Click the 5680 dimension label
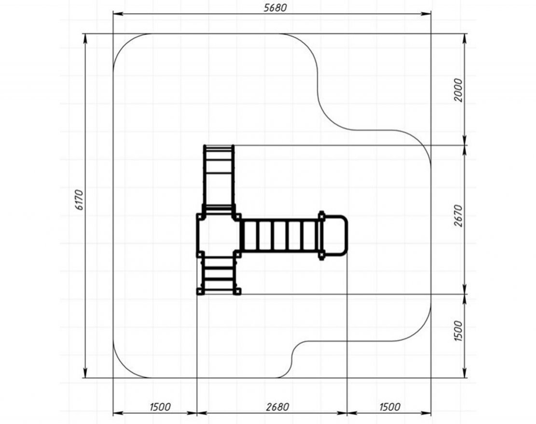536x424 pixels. point(275,8)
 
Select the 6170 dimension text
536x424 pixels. point(79,199)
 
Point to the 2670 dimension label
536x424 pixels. point(458,216)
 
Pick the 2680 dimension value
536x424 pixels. point(277,407)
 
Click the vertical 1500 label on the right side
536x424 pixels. point(458,331)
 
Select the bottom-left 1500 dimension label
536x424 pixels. point(160,407)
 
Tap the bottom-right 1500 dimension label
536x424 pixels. point(390,407)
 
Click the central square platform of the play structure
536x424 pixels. point(219,235)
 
